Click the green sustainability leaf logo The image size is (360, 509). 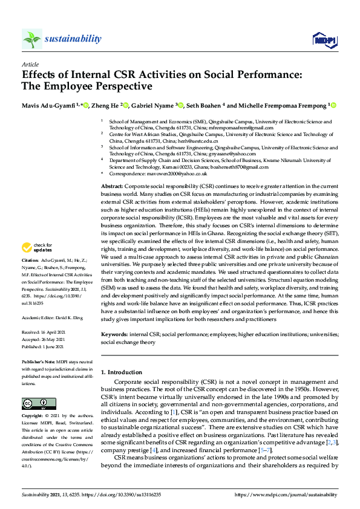coord(31,39)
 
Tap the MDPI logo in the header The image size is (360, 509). coord(324,40)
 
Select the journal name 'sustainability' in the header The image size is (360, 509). coord(73,39)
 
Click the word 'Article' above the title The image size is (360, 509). coord(30,64)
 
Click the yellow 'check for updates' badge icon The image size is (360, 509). coord(27,247)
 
